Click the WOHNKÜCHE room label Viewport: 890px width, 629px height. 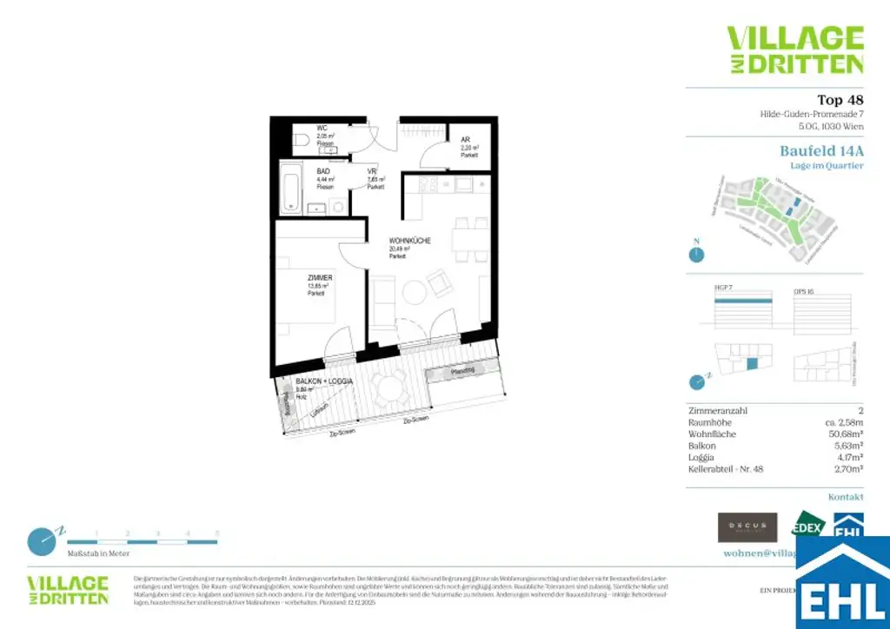click(x=410, y=241)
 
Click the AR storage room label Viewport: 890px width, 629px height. click(x=466, y=139)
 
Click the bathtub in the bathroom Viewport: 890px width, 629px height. click(x=291, y=189)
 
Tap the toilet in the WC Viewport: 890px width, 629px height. click(x=300, y=139)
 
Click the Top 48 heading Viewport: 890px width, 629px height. click(x=840, y=100)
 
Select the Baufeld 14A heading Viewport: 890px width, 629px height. click(x=821, y=150)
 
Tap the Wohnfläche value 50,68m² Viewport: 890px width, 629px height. click(x=839, y=434)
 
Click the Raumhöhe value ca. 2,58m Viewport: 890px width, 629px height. click(x=837, y=422)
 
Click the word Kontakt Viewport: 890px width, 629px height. click(x=846, y=497)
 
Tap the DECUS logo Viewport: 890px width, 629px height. click(x=747, y=527)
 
